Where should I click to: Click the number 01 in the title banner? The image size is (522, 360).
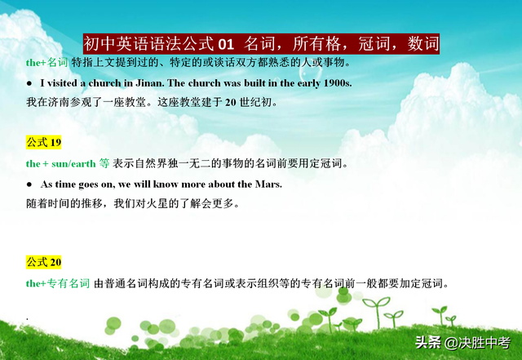(226, 44)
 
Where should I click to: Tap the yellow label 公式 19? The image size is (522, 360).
(43, 142)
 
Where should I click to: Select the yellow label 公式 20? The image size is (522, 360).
(43, 262)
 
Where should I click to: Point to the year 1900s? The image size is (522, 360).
(338, 83)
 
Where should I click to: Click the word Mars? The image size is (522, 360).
(268, 184)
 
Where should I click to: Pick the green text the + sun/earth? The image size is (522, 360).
(61, 163)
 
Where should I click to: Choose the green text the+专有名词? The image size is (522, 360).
(58, 283)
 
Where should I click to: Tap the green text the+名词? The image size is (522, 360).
(47, 62)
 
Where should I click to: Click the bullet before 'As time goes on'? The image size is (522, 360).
(29, 184)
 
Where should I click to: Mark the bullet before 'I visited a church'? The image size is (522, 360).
(29, 83)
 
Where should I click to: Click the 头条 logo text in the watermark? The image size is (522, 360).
(428, 343)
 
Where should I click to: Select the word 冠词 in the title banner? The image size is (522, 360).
(374, 44)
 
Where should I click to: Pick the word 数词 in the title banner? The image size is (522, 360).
(423, 44)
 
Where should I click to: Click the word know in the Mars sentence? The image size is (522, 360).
(166, 184)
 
